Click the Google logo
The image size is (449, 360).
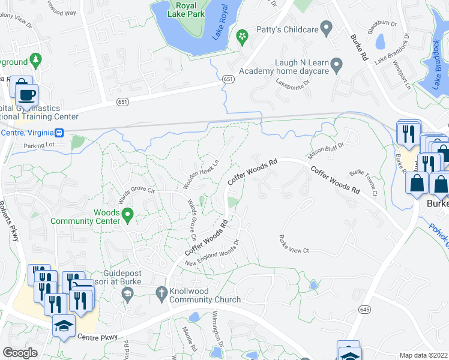click(x=20, y=353)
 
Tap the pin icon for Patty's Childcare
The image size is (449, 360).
click(x=327, y=27)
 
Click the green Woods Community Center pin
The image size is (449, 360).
click(x=127, y=215)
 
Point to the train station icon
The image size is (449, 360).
click(x=59, y=133)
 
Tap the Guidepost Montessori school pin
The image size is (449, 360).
click(x=126, y=293)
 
